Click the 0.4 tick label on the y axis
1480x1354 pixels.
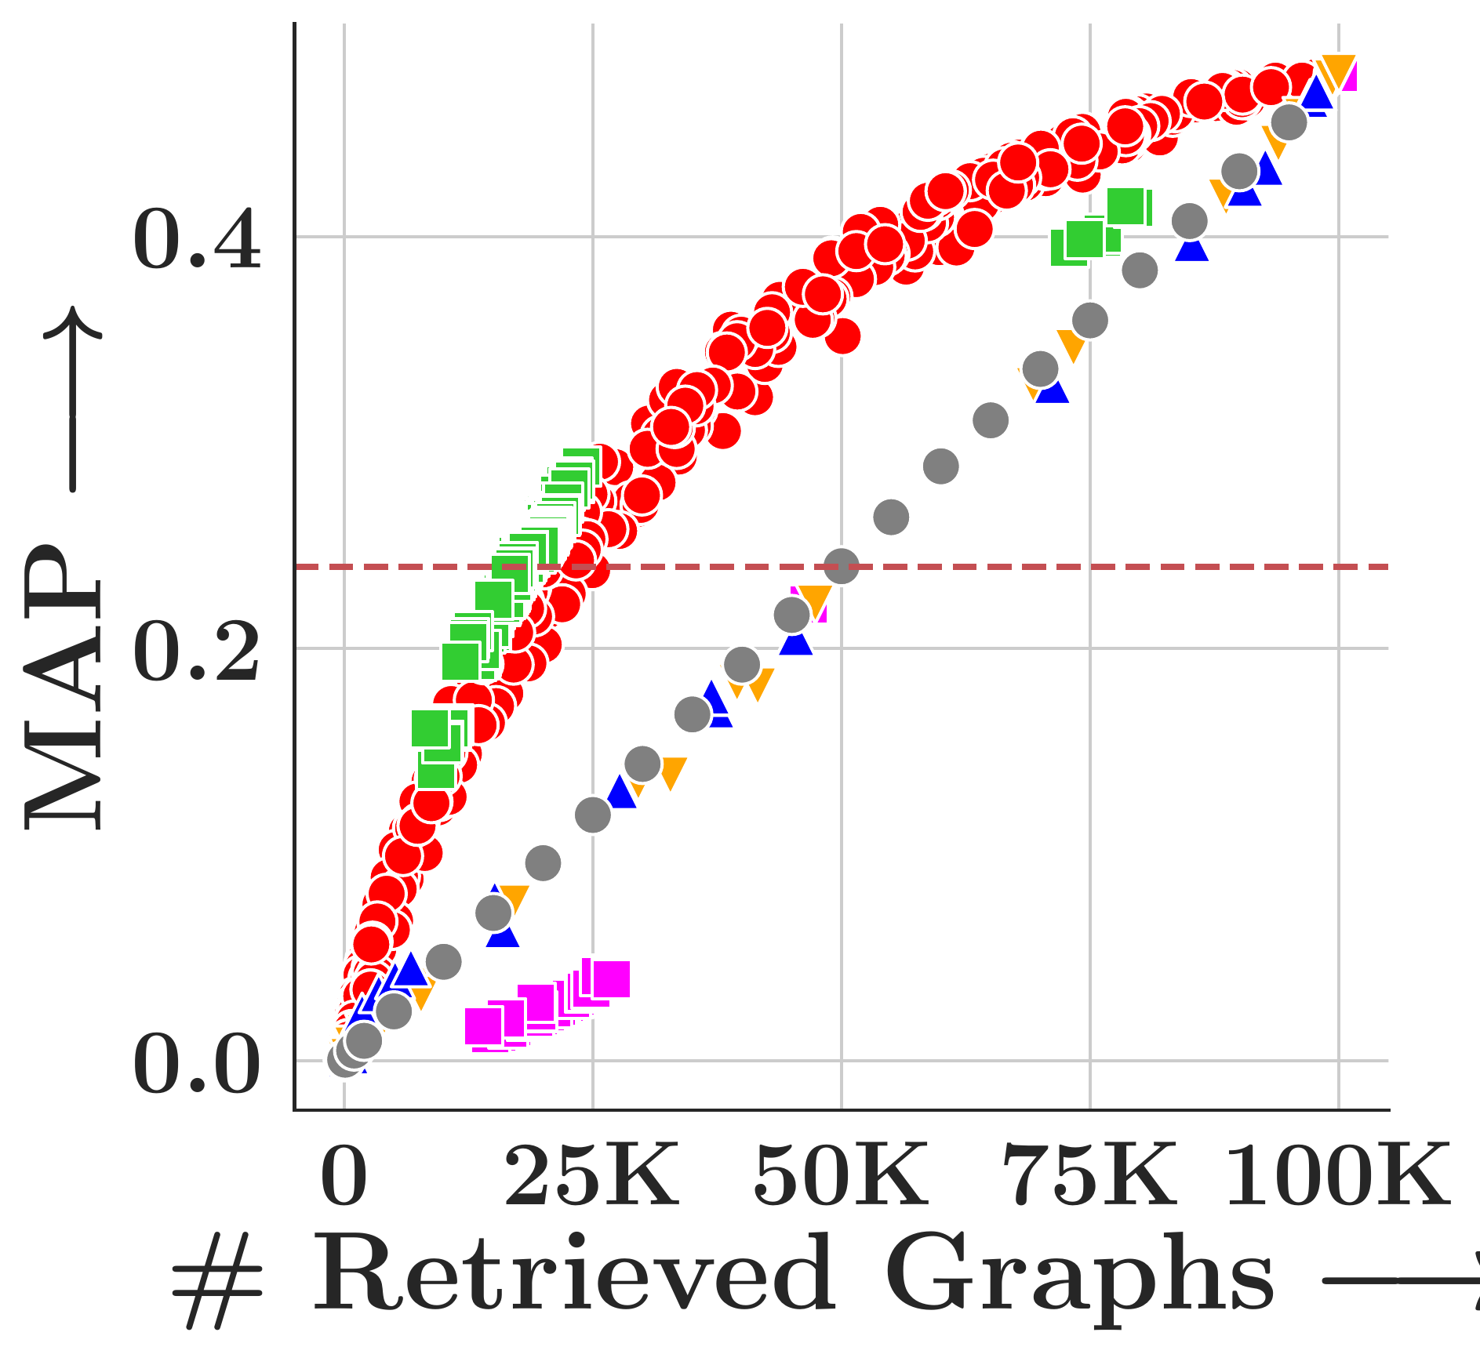click(x=197, y=239)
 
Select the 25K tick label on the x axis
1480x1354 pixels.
click(x=592, y=1176)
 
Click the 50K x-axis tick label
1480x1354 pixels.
click(x=841, y=1176)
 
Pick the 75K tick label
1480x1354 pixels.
click(x=1089, y=1176)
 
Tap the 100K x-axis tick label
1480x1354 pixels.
click(x=1337, y=1176)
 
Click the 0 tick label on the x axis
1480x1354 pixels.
click(x=344, y=1176)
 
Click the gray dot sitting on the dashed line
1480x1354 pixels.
click(x=842, y=565)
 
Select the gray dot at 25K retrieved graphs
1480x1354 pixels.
click(x=593, y=815)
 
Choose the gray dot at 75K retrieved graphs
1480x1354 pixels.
click(x=1090, y=320)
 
